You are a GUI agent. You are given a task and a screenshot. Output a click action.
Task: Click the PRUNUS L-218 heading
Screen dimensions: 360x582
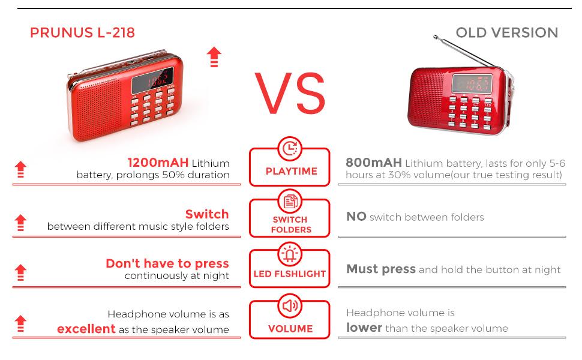pyautogui.click(x=82, y=33)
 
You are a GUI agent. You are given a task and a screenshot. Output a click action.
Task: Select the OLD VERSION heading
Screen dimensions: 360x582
pyautogui.click(x=506, y=32)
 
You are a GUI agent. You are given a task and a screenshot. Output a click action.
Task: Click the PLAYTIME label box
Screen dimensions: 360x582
pyautogui.click(x=291, y=171)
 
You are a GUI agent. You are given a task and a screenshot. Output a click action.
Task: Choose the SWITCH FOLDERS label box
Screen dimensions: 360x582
pyautogui.click(x=291, y=224)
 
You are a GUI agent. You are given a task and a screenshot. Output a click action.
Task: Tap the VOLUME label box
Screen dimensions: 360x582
pyautogui.click(x=291, y=328)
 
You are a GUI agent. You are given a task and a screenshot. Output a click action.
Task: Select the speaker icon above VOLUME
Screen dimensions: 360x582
pyautogui.click(x=291, y=307)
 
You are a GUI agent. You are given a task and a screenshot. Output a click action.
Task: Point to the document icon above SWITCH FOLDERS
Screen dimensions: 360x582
pyautogui.click(x=291, y=201)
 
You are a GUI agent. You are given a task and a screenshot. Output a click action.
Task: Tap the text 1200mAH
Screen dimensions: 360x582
pyautogui.click(x=158, y=163)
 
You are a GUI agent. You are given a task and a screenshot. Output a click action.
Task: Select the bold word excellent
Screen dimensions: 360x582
pyautogui.click(x=86, y=329)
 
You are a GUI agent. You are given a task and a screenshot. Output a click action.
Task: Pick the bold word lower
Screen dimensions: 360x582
pyautogui.click(x=364, y=328)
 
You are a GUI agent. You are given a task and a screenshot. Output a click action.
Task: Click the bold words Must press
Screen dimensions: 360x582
pyautogui.click(x=381, y=269)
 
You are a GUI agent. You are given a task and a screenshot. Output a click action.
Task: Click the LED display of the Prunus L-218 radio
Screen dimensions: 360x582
pyautogui.click(x=154, y=78)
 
